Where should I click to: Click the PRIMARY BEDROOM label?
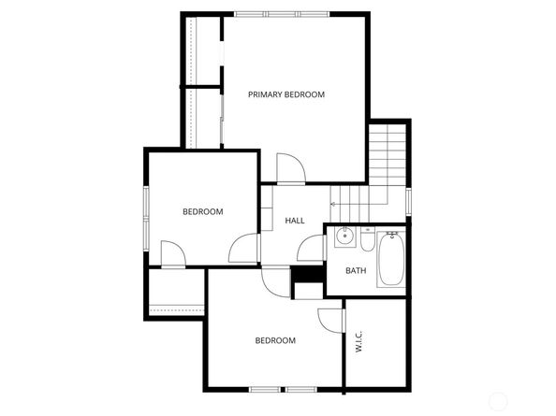[x=285, y=94]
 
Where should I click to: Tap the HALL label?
[x=295, y=221]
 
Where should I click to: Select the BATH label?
[x=356, y=271]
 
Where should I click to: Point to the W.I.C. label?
[x=359, y=342]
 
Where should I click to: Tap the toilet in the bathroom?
[x=366, y=242]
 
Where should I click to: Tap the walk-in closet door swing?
[x=330, y=319]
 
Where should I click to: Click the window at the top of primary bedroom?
[x=281, y=14]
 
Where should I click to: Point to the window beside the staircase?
[x=409, y=201]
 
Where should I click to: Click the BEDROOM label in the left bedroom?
[x=202, y=212]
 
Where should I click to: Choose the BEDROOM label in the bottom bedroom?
[x=275, y=340]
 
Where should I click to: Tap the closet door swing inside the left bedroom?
[x=173, y=252]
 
